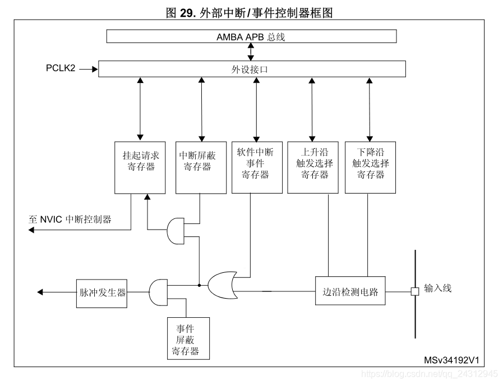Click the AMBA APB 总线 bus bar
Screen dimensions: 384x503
coord(251,36)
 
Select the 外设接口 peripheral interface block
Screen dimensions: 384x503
coord(251,70)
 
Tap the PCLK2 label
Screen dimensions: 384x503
coord(61,68)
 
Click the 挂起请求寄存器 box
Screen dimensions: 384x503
coord(140,167)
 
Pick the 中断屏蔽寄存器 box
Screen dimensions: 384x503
coord(200,167)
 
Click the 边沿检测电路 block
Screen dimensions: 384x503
coord(350,292)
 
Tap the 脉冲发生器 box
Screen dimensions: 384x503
coord(101,292)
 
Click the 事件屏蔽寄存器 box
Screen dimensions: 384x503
coord(188,338)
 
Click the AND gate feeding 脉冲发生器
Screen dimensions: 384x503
coord(159,292)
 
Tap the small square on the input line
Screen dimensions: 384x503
coord(415,292)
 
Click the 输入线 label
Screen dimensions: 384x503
coord(437,289)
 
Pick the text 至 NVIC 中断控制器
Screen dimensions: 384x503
coord(70,219)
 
